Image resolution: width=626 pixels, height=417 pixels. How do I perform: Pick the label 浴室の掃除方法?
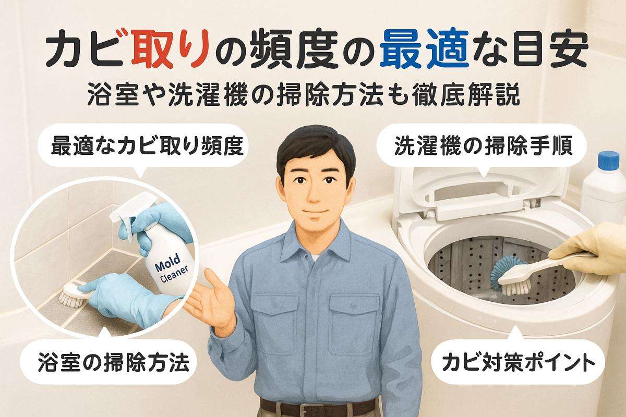click(x=113, y=361)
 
